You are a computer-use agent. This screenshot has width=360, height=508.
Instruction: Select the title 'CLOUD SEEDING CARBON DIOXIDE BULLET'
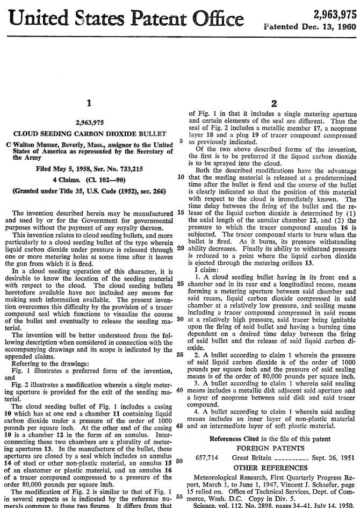pyautogui.click(x=89, y=133)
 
